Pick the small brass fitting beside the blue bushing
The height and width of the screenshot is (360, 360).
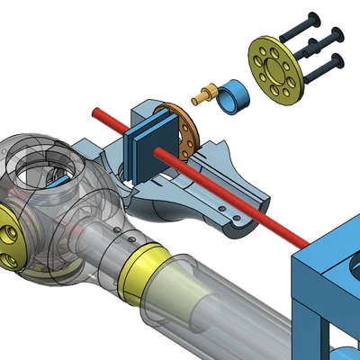[x=206, y=91]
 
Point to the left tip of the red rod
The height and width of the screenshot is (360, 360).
[x=92, y=112]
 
